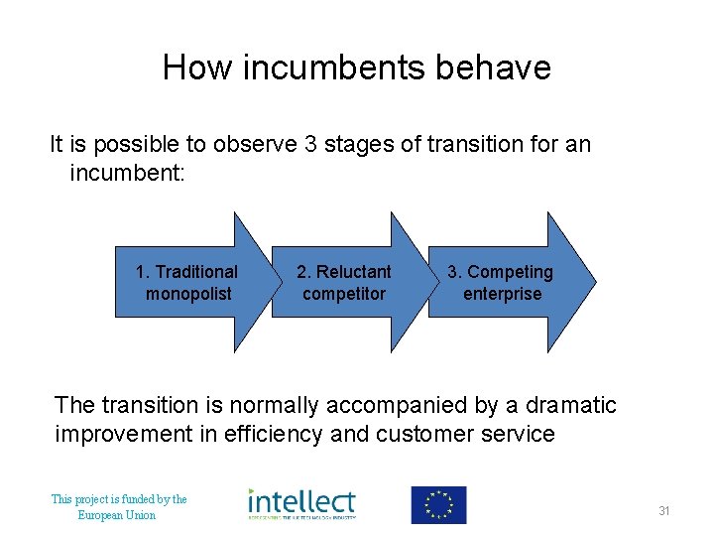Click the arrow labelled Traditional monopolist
(188, 283)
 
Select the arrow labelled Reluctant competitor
(345, 283)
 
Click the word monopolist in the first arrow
(188, 294)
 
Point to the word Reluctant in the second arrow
(353, 272)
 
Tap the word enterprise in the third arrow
(502, 294)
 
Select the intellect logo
(301, 503)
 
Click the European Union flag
(438, 504)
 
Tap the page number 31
(664, 511)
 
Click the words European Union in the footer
(117, 515)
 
